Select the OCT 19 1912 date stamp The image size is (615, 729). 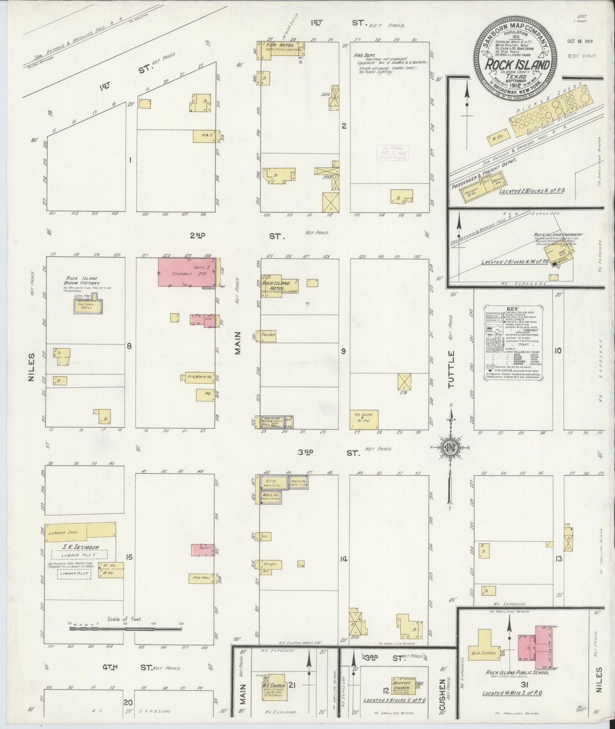point(580,42)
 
